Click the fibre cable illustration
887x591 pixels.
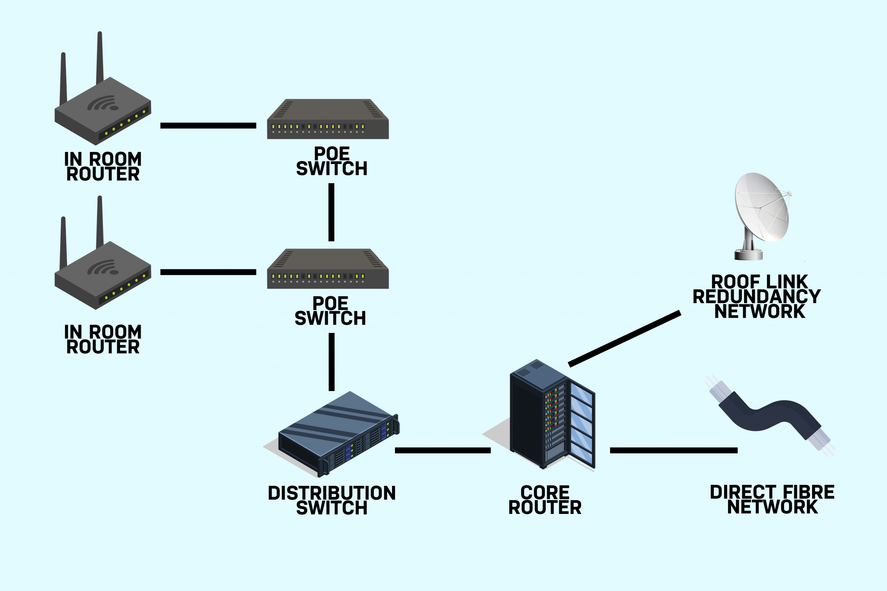pos(769,416)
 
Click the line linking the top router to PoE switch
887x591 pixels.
pos(208,126)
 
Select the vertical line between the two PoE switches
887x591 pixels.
pos(331,212)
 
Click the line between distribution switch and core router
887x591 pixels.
pos(443,450)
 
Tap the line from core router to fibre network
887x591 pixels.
pos(673,450)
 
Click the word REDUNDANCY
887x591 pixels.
pos(757,297)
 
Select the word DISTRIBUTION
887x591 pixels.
pos(332,493)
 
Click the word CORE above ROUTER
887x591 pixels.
pos(545,492)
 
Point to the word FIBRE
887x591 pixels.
pos(808,492)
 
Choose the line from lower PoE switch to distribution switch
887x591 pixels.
pos(332,362)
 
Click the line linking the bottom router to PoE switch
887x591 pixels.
pos(208,272)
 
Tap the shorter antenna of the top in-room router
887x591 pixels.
pos(64,78)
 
